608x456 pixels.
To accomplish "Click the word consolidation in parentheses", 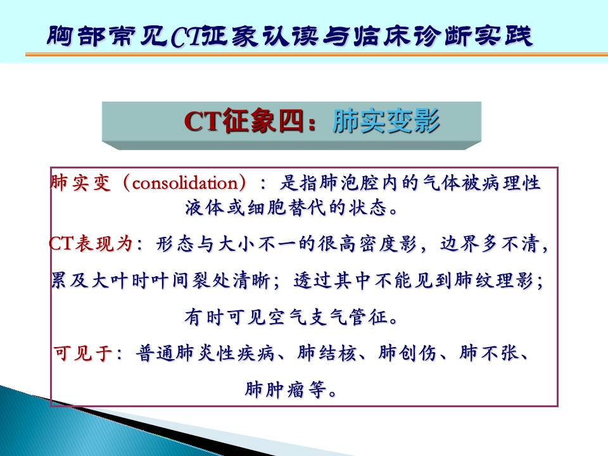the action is coord(186,182).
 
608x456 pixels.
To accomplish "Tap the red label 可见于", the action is coord(83,353).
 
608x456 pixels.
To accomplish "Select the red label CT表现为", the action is coord(91,244).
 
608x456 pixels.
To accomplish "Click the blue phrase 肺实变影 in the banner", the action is coord(386,121).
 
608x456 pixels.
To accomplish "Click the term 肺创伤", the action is coord(407,353).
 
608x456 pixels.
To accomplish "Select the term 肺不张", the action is coord(488,353).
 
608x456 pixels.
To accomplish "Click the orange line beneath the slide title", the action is coord(317,55).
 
